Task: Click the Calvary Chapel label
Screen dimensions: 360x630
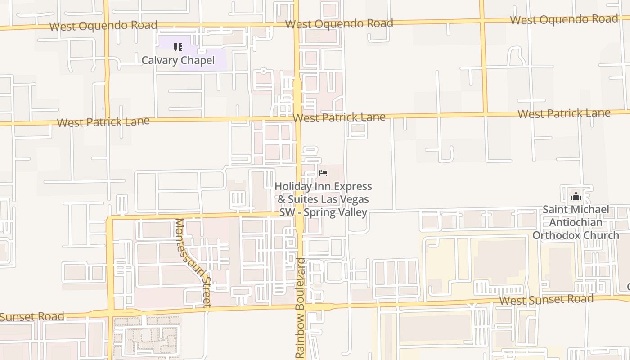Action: (178, 60)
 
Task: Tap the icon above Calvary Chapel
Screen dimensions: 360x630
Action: (178, 47)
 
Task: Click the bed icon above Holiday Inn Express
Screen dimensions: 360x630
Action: (323, 173)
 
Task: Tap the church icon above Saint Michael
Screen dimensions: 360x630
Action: (576, 197)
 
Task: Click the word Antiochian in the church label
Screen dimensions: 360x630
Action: (576, 222)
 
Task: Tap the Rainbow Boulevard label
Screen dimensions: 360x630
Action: (301, 309)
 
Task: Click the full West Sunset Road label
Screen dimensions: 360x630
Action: (546, 299)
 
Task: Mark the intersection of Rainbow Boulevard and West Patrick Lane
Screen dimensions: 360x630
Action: (298, 119)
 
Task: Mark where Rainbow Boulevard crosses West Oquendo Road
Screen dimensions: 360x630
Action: (297, 24)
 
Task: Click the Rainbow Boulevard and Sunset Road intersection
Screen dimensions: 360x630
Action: (300, 307)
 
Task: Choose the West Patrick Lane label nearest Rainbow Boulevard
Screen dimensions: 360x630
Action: (339, 117)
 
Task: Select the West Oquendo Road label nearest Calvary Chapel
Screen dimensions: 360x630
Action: (103, 25)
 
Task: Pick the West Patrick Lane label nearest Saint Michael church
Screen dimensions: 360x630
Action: (564, 113)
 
